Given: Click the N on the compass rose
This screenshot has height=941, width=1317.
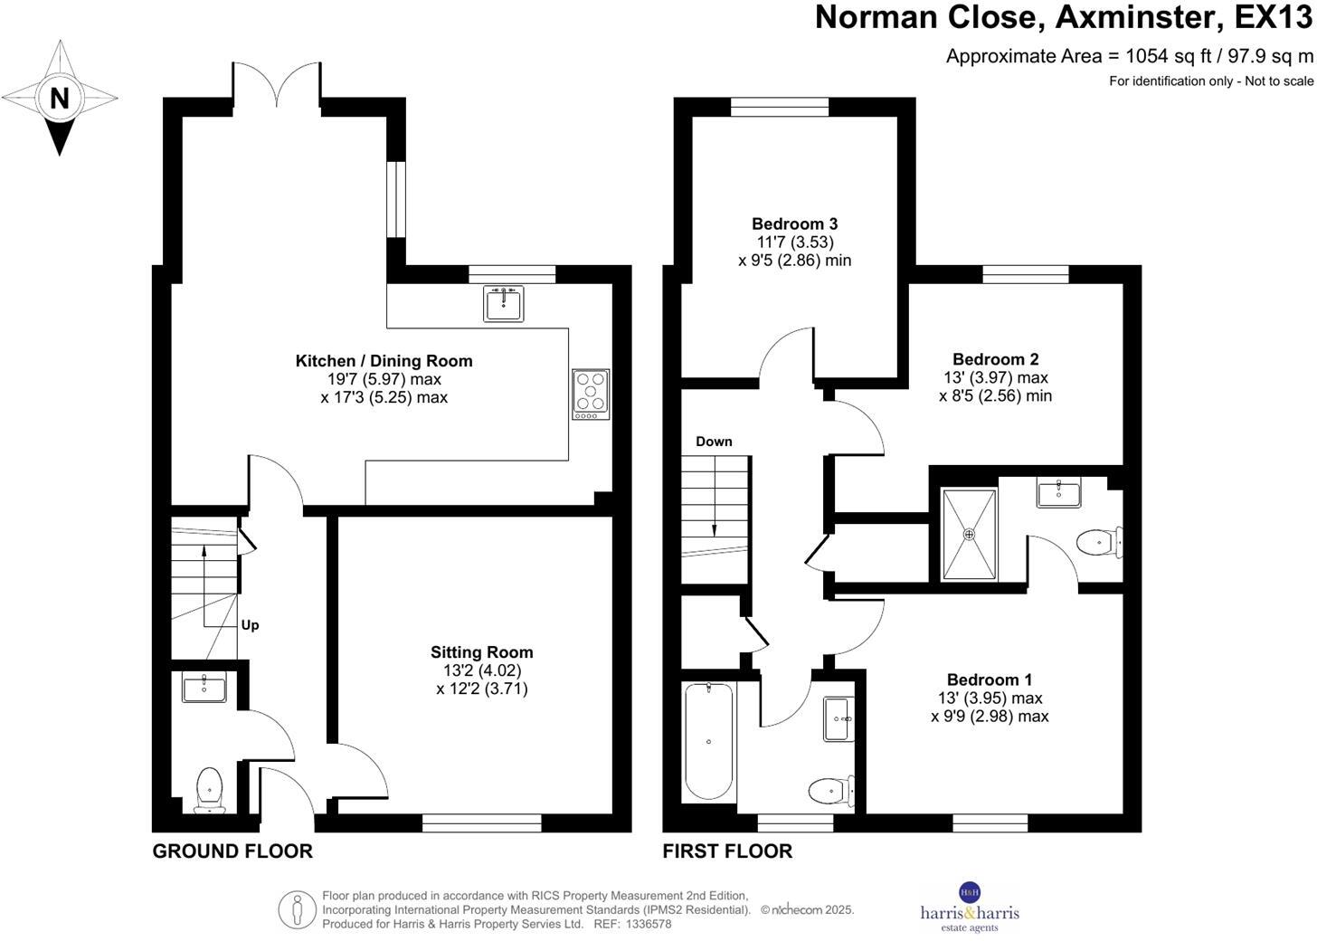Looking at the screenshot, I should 60,98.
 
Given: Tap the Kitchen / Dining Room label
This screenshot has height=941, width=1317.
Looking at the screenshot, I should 384,361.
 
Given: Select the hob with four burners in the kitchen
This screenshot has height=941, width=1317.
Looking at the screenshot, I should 591,394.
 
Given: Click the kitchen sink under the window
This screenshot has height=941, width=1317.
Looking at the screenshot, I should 504,303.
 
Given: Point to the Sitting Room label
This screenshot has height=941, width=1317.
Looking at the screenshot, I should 481,652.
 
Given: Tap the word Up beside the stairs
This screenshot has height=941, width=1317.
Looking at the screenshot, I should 251,625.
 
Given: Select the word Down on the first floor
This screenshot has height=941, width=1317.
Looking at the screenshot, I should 714,442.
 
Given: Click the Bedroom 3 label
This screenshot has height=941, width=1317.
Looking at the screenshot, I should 794,223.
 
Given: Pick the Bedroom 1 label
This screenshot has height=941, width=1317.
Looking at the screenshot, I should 990,680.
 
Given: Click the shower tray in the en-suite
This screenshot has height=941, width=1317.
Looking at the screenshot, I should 969,534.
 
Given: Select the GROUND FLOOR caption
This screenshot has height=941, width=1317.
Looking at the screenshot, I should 232,851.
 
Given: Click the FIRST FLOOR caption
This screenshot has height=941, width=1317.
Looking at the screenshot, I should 727,851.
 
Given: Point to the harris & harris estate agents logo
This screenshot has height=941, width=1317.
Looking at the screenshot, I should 969,906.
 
